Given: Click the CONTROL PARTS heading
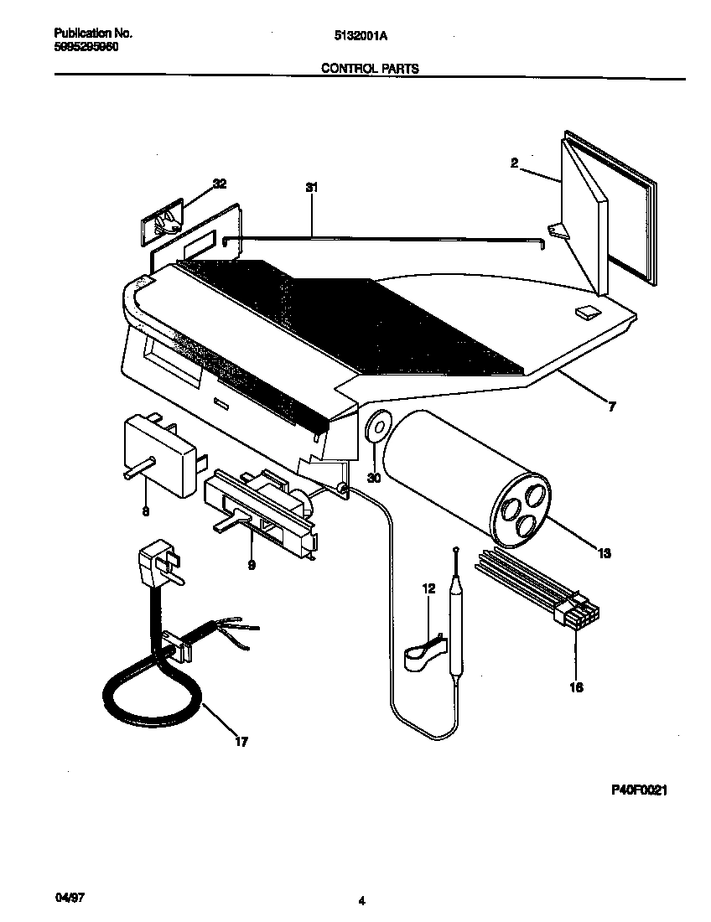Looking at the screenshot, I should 370,69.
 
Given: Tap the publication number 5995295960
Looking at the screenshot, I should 86,48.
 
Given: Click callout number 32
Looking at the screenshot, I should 220,184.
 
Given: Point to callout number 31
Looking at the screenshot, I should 312,189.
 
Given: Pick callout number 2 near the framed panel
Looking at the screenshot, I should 513,163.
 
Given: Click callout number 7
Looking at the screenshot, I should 611,407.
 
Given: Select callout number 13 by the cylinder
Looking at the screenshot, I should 604,553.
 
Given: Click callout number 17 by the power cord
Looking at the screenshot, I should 241,742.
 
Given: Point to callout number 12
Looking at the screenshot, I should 428,589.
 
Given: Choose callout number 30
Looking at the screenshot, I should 374,478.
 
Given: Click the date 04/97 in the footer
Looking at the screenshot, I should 70,898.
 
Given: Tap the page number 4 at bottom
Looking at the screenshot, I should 361,902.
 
